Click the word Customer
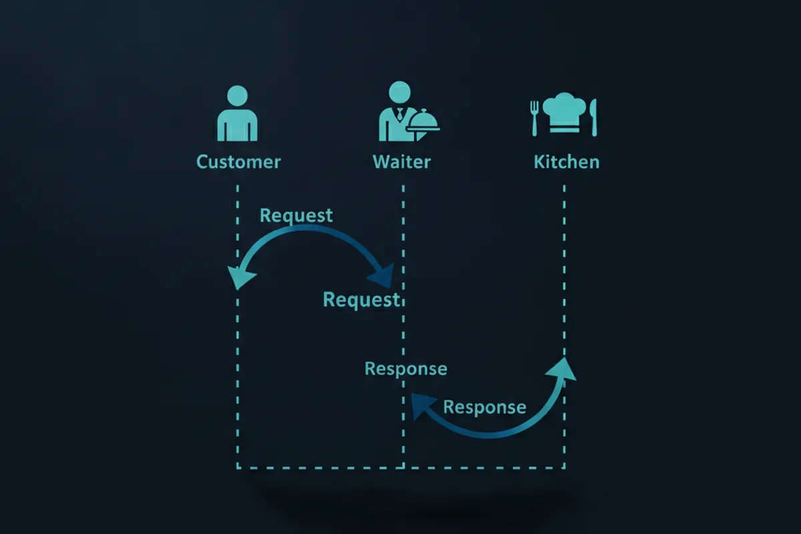click(238, 162)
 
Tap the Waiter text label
click(402, 162)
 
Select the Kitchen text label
click(567, 162)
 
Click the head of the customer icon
click(238, 96)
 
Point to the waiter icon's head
click(399, 92)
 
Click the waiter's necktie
click(399, 114)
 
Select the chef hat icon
click(564, 112)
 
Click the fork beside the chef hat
click(535, 118)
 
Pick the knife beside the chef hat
click(593, 117)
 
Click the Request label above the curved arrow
click(296, 216)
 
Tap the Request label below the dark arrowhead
click(361, 300)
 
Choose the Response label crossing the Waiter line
click(406, 369)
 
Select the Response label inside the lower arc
click(485, 407)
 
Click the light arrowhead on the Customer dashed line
click(240, 278)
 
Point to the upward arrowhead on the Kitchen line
click(561, 370)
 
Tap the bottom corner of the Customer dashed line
click(238, 467)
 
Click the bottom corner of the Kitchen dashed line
click(564, 467)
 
